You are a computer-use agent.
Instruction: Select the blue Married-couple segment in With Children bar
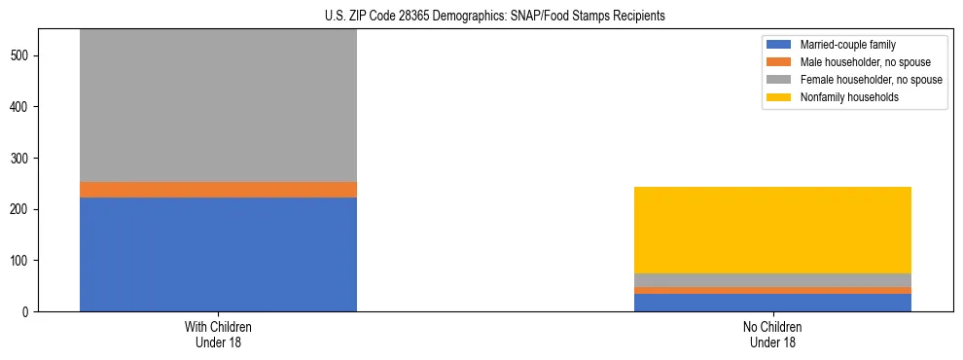[x=218, y=254]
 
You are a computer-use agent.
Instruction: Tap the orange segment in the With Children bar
[x=218, y=190]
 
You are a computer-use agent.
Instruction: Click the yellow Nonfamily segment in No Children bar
[x=772, y=230]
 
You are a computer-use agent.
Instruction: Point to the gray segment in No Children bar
[x=772, y=280]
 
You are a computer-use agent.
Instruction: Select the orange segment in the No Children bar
[x=772, y=290]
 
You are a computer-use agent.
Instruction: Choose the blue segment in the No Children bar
[x=772, y=303]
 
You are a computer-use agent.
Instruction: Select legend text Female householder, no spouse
[x=871, y=80]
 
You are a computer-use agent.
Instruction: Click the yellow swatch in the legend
[x=780, y=97]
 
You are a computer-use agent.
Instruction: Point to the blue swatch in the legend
[x=780, y=45]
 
